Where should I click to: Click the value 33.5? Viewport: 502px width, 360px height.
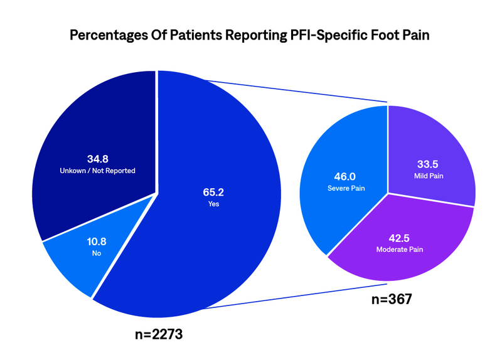[429, 165]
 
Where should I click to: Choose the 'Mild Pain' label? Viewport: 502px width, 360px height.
[429, 176]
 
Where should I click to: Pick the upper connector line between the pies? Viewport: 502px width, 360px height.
[295, 90]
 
